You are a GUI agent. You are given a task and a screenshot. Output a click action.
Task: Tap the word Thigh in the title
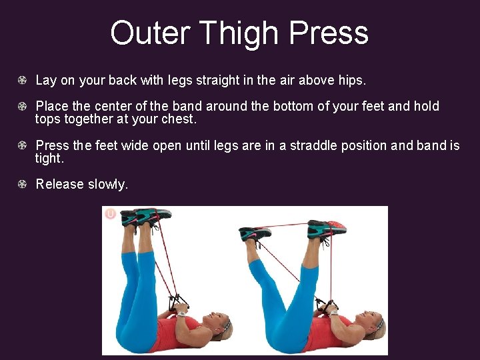click(x=237, y=33)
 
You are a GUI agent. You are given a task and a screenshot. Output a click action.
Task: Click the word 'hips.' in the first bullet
click(x=351, y=81)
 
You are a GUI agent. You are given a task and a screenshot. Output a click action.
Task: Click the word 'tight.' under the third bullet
click(x=49, y=158)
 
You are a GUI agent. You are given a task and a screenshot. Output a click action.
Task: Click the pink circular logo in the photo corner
click(x=111, y=214)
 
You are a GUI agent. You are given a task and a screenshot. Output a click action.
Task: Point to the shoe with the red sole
click(x=328, y=230)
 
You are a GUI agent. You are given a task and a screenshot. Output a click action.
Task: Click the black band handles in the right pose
click(x=325, y=305)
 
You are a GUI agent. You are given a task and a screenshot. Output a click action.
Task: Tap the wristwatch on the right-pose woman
click(x=333, y=312)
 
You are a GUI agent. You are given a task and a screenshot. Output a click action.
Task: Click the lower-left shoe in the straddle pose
click(x=255, y=234)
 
